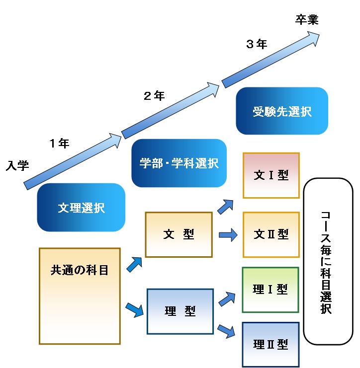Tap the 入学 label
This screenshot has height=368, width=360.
pos(17,166)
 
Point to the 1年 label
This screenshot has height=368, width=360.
pos(59,144)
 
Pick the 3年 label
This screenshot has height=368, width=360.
pos(256,44)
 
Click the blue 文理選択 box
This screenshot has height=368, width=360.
pos(81,207)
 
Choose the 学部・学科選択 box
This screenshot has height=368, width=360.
pos(179,163)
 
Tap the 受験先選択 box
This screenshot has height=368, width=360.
pos(282,111)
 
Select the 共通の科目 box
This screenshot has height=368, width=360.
pos(80,295)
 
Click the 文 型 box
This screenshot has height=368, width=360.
pos(179,234)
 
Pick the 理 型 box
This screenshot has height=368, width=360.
pos(180,311)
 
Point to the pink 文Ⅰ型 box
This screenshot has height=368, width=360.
pos(271,175)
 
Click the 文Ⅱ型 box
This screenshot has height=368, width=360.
pos(271,234)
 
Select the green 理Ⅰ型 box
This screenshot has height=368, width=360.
pos(270,290)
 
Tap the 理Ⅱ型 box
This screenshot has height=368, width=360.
pos(270,344)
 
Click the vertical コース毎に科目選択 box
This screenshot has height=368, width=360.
pos(328,261)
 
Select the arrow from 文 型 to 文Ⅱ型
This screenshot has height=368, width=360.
pos(228,235)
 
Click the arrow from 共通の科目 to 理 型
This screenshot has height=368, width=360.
pos(134,310)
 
